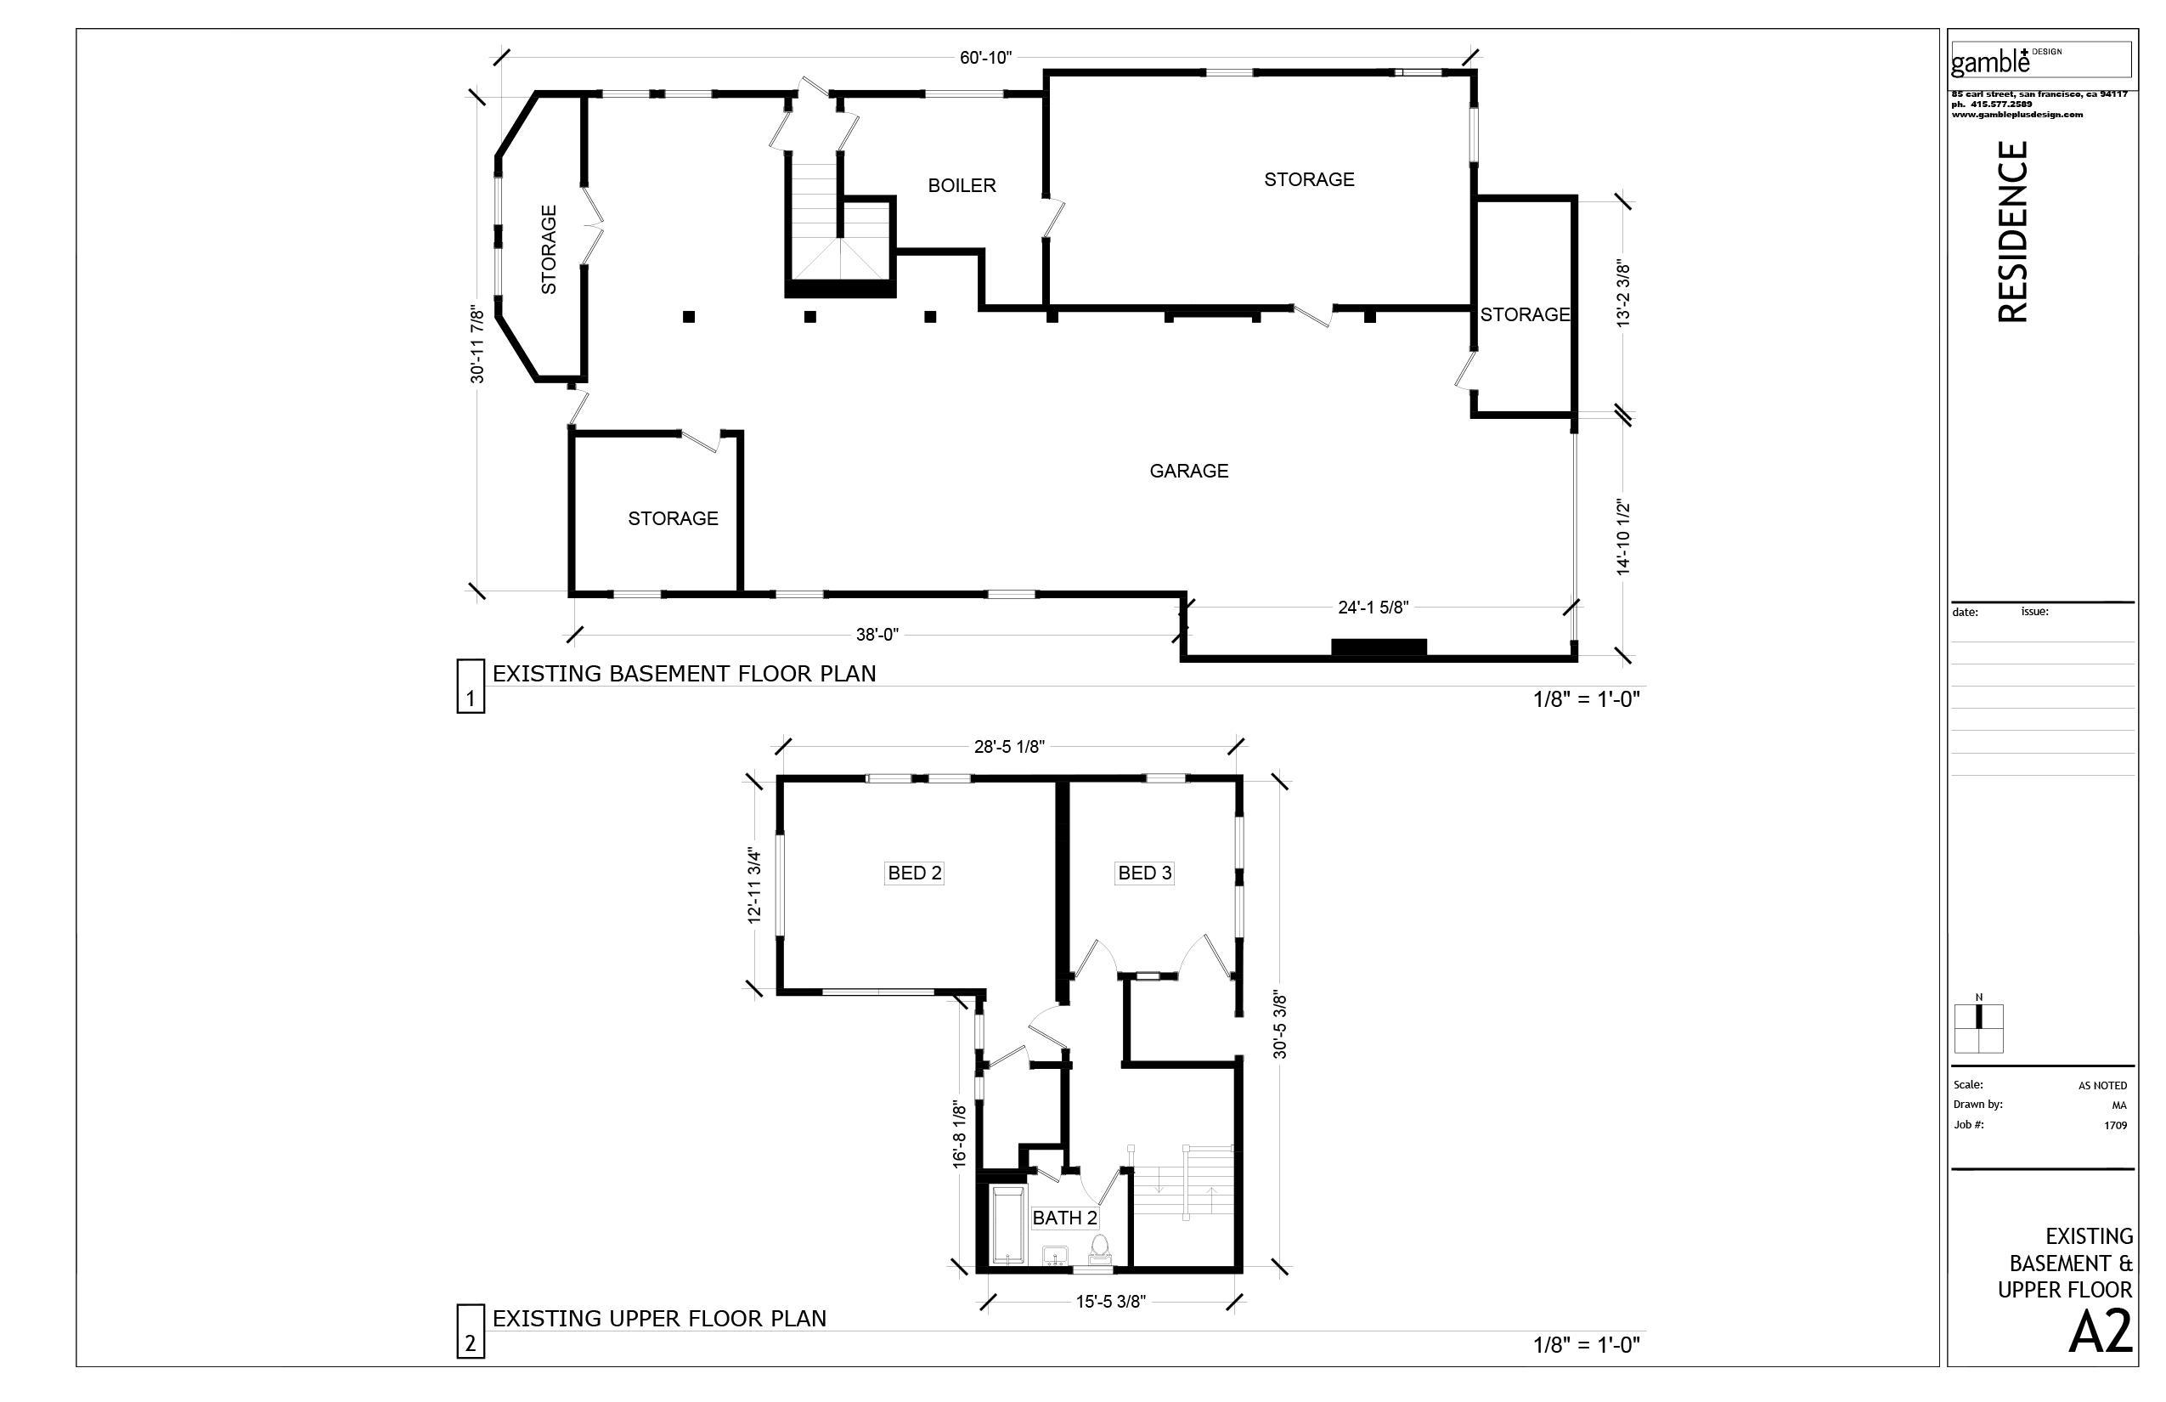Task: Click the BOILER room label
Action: [x=961, y=186]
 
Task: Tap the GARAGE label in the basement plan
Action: [x=1188, y=471]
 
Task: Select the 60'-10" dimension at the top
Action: [x=985, y=59]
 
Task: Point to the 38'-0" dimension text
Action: [x=877, y=635]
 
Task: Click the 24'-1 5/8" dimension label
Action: [x=1373, y=608]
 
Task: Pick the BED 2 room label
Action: [x=915, y=873]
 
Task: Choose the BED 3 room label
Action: [x=1144, y=873]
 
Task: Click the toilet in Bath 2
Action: [x=1099, y=1250]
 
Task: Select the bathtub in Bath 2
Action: [x=1007, y=1224]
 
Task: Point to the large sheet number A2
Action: [x=2100, y=1334]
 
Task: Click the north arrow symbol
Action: [x=1978, y=1027]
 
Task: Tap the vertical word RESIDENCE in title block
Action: [x=2013, y=231]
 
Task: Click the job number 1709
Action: [x=2115, y=1125]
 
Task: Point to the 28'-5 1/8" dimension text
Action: [x=1009, y=748]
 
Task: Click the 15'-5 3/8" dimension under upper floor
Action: [x=1110, y=1302]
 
